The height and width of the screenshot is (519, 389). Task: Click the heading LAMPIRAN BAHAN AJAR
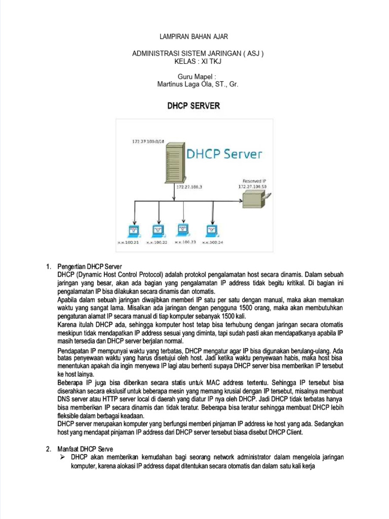coord(194,37)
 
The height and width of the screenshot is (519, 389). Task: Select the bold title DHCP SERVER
coord(194,106)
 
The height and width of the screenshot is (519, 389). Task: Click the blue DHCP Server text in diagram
coord(225,154)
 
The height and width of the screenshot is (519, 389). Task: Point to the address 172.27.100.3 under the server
coord(189,187)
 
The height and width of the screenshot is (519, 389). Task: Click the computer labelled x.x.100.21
coord(134,231)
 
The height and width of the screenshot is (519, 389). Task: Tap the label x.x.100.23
coord(185,242)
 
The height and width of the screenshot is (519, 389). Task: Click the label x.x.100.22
coord(157,243)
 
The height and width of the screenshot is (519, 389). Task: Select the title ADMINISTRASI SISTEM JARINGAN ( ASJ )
coord(198,54)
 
